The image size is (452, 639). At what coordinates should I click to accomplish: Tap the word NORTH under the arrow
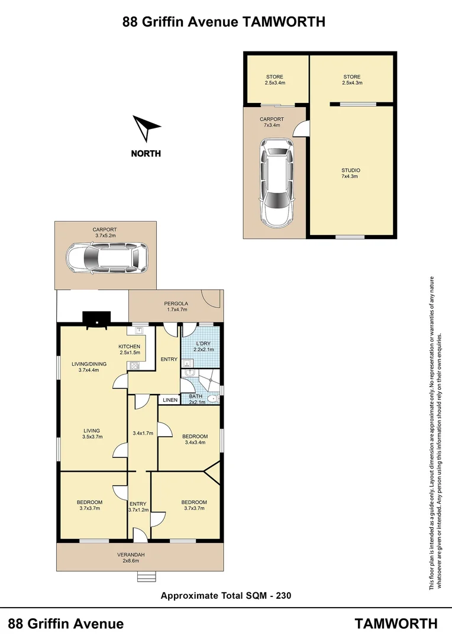pyautogui.click(x=146, y=154)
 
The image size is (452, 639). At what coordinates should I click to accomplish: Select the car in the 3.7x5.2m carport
pyautogui.click(x=107, y=258)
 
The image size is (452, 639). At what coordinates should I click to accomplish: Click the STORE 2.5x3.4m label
pyautogui.click(x=275, y=80)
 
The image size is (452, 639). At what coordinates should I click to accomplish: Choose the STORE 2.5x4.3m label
pyautogui.click(x=351, y=80)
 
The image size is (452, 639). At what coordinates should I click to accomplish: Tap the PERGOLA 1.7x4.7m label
pyautogui.click(x=176, y=306)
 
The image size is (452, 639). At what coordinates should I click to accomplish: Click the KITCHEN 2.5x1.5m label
pyautogui.click(x=130, y=350)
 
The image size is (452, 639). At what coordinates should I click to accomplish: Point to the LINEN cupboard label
pyautogui.click(x=170, y=401)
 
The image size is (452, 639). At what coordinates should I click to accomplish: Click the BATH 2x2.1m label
pyautogui.click(x=196, y=399)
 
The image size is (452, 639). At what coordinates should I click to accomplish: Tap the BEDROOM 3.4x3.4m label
pyautogui.click(x=195, y=440)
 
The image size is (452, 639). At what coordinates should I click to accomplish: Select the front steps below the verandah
pyautogui.click(x=146, y=576)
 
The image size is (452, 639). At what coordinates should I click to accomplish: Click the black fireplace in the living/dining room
pyautogui.click(x=95, y=320)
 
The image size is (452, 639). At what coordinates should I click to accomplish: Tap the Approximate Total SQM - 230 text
pyautogui.click(x=225, y=596)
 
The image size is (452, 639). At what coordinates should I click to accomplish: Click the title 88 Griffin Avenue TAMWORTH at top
pyautogui.click(x=224, y=22)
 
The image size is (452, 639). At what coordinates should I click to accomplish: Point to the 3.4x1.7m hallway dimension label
pyautogui.click(x=143, y=433)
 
